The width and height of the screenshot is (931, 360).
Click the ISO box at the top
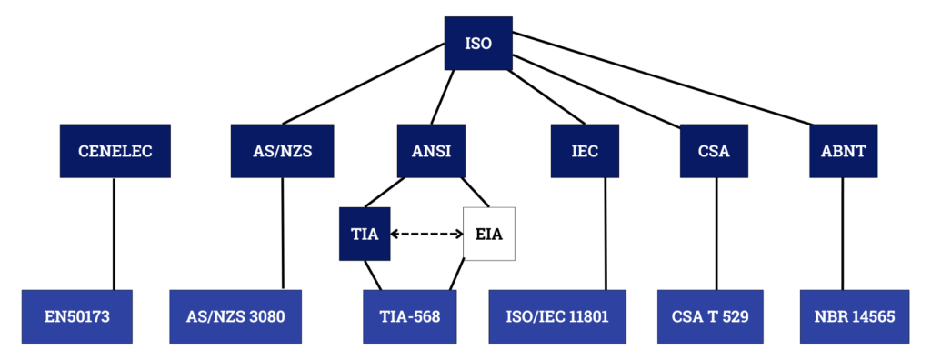point(477,43)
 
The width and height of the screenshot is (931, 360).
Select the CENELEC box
point(115,151)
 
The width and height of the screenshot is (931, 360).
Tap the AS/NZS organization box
point(284,151)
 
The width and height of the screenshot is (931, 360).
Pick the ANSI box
point(431,151)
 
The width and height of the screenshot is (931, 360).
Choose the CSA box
point(714,151)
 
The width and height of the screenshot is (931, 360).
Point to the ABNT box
point(844,151)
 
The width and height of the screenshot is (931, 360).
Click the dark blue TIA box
point(365,234)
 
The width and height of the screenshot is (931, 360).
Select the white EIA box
point(489,234)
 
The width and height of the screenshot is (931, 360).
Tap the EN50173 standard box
point(77,316)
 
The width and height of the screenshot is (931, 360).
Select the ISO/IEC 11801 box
point(557,316)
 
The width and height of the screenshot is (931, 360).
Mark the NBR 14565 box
point(855,316)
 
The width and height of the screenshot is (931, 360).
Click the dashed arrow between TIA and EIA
point(426,234)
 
